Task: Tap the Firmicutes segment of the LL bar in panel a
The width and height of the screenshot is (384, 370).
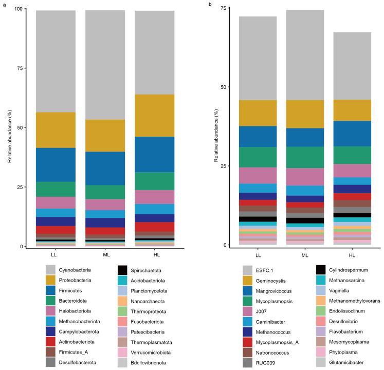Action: (56, 164)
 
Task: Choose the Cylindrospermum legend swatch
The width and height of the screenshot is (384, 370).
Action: (320, 269)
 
